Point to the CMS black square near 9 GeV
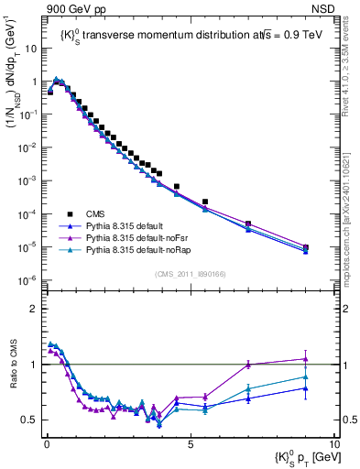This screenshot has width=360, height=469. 306,246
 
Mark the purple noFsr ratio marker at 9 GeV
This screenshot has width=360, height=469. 306,359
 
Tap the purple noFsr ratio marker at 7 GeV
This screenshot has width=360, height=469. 248,365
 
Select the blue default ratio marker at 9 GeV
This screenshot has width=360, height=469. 306,388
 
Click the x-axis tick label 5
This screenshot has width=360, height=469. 191,442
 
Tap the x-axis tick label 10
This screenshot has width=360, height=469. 334,442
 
